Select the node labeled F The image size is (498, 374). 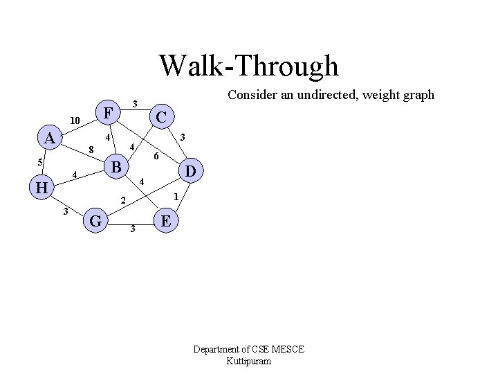(108, 112)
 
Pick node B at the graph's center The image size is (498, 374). (117, 167)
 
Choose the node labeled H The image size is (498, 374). (42, 186)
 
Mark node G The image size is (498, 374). (97, 222)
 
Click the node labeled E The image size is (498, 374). (167, 221)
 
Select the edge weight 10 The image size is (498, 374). (75, 121)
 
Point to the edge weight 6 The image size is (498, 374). (156, 157)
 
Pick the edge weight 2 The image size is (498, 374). (122, 201)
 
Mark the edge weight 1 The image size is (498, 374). (176, 197)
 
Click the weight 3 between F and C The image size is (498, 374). (135, 104)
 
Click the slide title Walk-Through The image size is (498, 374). (249, 66)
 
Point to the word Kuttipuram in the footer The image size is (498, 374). (249, 361)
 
